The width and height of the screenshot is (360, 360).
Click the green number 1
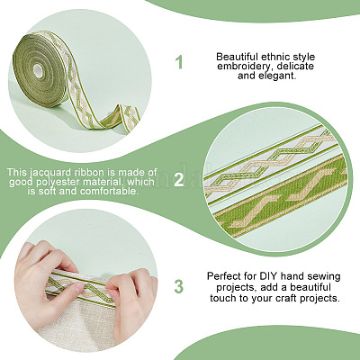[x=179, y=62]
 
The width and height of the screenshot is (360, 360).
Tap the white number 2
[x=178, y=180]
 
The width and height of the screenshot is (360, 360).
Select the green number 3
[x=178, y=286]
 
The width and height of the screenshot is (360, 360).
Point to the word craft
[x=287, y=298]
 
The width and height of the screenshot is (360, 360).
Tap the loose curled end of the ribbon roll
[x=120, y=115]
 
